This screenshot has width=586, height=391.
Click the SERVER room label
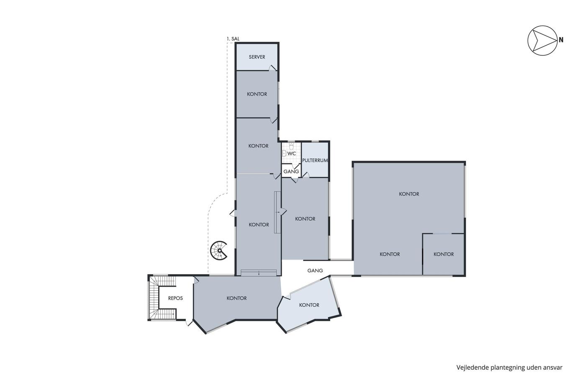click(257, 57)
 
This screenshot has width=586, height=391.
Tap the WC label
click(291, 153)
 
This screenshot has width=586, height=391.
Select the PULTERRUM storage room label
click(315, 160)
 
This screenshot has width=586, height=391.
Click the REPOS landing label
click(175, 298)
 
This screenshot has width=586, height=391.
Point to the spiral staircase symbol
click(218, 251)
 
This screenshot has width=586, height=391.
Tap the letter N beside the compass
click(561, 40)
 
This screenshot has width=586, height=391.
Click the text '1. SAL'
click(233, 39)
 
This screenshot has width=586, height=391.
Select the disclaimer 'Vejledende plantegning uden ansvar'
click(509, 368)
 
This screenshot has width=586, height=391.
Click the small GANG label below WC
click(291, 171)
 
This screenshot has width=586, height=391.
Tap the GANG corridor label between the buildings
click(315, 271)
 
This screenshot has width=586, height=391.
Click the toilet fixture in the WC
click(291, 146)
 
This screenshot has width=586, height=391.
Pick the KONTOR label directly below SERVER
click(257, 94)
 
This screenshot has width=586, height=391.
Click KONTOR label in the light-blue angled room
click(309, 305)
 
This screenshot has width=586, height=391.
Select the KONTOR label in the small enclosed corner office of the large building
click(444, 254)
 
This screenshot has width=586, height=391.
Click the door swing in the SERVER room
click(272, 67)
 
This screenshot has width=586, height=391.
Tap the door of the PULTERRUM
click(306, 175)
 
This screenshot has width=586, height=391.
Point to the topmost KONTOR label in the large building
click(409, 194)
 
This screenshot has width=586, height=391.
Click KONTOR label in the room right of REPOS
click(236, 298)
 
